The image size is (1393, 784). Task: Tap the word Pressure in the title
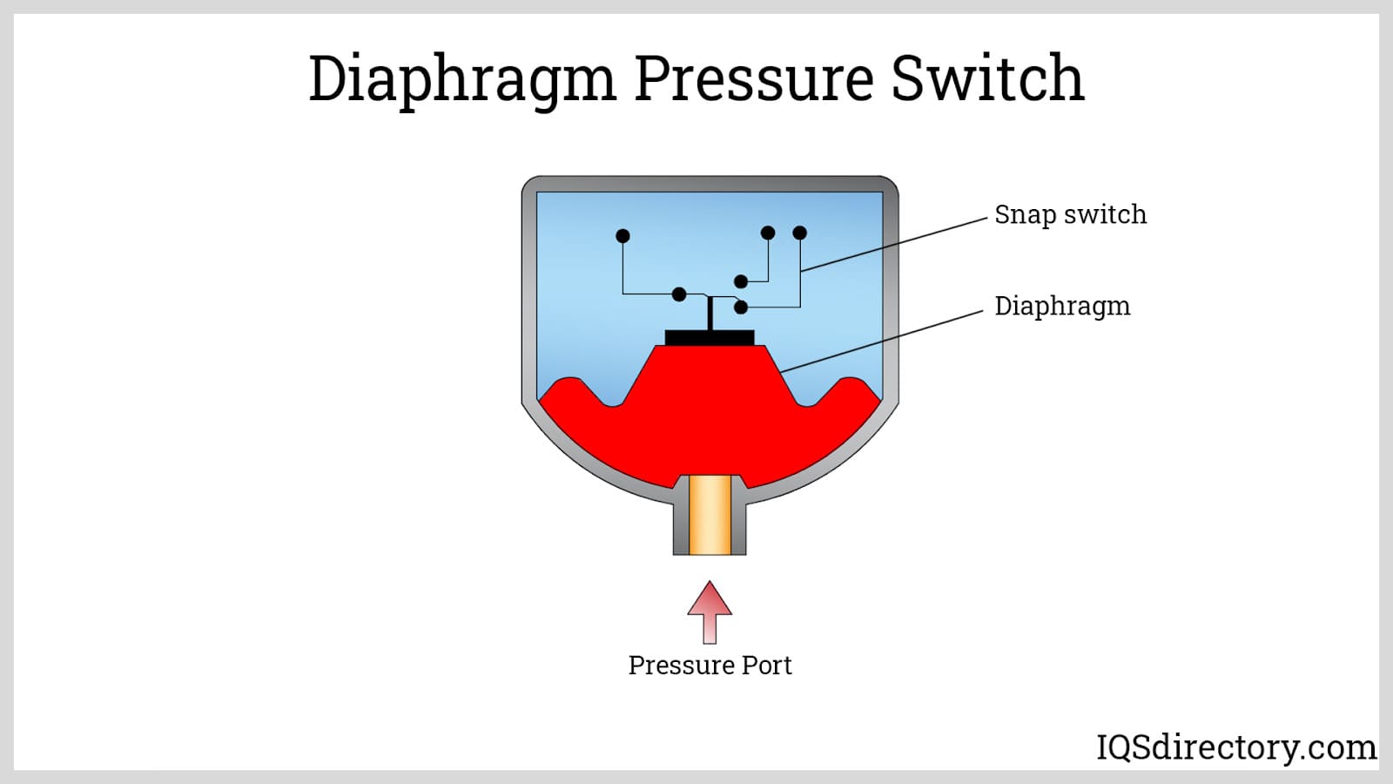754,78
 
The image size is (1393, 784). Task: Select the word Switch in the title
988,78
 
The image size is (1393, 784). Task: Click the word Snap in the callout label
1025,215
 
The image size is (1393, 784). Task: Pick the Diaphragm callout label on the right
1062,307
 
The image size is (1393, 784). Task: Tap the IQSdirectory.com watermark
1236,747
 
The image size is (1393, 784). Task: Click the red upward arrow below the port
710,610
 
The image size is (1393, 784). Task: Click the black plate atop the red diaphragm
710,337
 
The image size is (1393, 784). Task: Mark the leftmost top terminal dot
622,236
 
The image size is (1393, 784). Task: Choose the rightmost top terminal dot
800,233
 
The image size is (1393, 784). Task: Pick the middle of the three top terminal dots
768,233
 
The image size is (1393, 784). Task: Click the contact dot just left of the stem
680,294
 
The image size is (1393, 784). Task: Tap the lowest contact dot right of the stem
741,308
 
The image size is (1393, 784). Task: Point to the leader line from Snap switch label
897,244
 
